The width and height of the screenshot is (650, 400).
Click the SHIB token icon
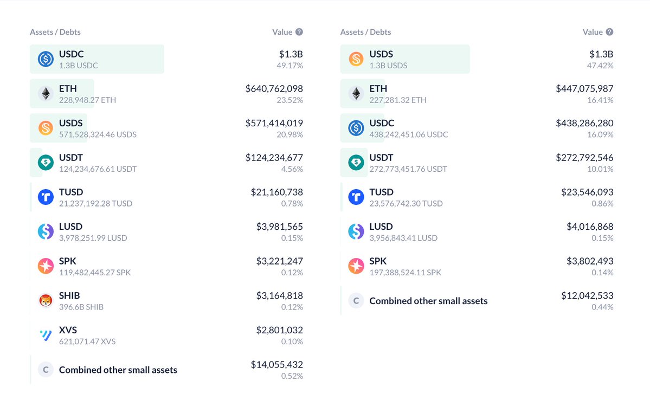(46, 301)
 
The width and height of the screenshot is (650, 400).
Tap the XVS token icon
(46, 336)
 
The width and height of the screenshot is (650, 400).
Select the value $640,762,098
(274, 88)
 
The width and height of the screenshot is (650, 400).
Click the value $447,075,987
(584, 88)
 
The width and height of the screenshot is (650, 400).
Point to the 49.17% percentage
(290, 66)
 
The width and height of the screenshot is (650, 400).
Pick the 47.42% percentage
(601, 66)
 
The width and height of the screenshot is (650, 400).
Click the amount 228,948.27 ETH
(87, 100)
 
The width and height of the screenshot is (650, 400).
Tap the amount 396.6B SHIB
(81, 307)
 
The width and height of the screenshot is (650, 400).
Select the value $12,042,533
(587, 295)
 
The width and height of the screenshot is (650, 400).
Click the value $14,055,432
(276, 364)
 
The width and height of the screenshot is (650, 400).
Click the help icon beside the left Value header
(299, 32)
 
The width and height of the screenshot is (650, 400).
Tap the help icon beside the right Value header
(609, 32)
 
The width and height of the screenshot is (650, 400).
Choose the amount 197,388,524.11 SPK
(405, 273)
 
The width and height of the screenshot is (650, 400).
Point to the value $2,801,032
(279, 330)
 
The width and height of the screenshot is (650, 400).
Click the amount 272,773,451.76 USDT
(408, 169)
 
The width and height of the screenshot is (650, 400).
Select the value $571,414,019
(274, 123)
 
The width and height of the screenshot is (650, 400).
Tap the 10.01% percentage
(601, 169)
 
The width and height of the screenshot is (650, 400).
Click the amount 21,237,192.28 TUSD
(95, 204)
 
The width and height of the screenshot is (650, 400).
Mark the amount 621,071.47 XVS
(87, 341)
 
